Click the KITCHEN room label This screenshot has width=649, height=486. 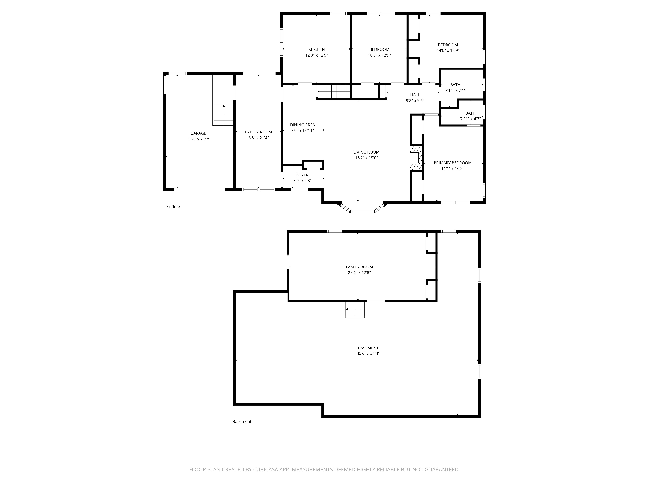click(x=316, y=50)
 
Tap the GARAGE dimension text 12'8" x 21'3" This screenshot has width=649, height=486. click(x=198, y=139)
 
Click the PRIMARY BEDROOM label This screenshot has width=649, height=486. click(x=452, y=163)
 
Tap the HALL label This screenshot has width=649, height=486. click(x=415, y=95)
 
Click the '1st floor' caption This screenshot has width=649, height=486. click(x=172, y=207)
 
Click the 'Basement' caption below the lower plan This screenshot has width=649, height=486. click(x=242, y=422)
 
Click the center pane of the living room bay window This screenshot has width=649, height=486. click(x=362, y=211)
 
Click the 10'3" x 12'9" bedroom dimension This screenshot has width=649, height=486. click(x=379, y=55)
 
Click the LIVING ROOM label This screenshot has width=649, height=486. click(x=366, y=152)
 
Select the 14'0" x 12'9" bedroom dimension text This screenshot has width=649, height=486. click(x=448, y=50)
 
